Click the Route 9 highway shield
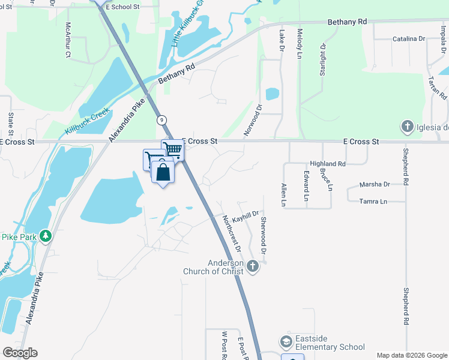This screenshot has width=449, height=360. pyautogui.click(x=162, y=120)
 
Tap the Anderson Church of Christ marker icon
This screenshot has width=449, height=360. pyautogui.click(x=253, y=266)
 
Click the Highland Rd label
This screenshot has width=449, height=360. pyautogui.click(x=328, y=164)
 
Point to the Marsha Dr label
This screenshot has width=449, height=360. pyautogui.click(x=375, y=184)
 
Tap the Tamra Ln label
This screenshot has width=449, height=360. pyautogui.click(x=374, y=201)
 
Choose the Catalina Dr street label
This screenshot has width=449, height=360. pyautogui.click(x=408, y=39)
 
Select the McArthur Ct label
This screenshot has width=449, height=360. pyautogui.click(x=68, y=40)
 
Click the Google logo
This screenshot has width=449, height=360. pyautogui.click(x=20, y=353)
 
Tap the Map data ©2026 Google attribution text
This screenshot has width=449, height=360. pyautogui.click(x=411, y=355)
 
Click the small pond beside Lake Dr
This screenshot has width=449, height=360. pyautogui.click(x=273, y=94)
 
